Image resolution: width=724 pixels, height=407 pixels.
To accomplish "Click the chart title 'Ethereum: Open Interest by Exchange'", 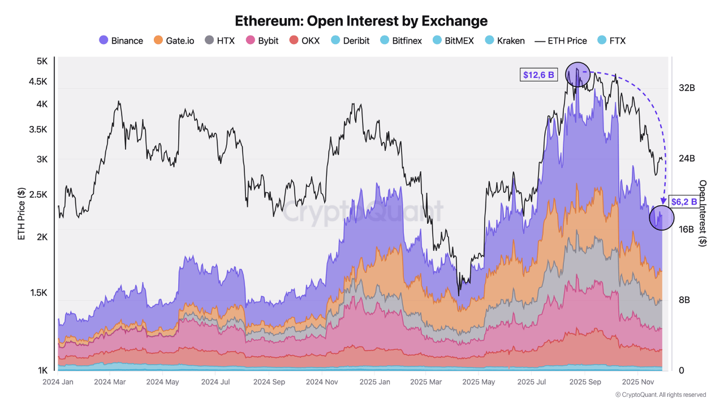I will [361, 21].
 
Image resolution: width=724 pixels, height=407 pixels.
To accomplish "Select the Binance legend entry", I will [121, 41].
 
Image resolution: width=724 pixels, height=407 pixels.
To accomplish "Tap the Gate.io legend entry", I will [174, 41].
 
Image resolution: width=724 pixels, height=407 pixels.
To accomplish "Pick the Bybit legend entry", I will [262, 41].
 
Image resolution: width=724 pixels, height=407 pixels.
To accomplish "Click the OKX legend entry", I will [304, 41].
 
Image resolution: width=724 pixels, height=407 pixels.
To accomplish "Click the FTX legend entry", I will [611, 41].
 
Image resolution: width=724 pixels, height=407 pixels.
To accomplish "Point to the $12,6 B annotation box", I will [538, 74].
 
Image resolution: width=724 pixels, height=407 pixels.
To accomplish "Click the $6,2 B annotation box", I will [683, 201].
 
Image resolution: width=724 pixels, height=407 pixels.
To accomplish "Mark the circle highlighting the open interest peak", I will [578, 74].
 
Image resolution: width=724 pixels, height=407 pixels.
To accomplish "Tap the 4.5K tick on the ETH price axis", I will [39, 81].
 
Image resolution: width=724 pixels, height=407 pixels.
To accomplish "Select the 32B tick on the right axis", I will [687, 88].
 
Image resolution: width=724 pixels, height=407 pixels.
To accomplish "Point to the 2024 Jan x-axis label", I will [58, 382].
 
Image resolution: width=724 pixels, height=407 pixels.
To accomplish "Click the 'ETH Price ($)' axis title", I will [21, 214].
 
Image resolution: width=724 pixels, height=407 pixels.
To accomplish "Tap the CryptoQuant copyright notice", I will [660, 395].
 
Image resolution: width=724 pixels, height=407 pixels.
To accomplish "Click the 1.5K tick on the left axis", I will [39, 293].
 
